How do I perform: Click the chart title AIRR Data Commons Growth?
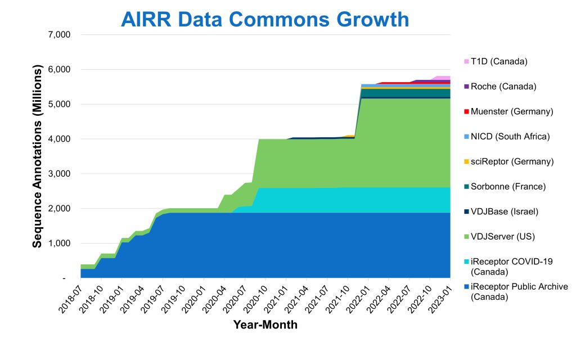point(265,20)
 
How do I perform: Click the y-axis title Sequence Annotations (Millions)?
point(38,157)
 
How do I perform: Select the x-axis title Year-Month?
point(265,325)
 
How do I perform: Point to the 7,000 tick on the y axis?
point(58,35)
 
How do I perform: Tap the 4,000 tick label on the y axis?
point(58,139)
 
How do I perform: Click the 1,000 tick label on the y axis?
point(58,244)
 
